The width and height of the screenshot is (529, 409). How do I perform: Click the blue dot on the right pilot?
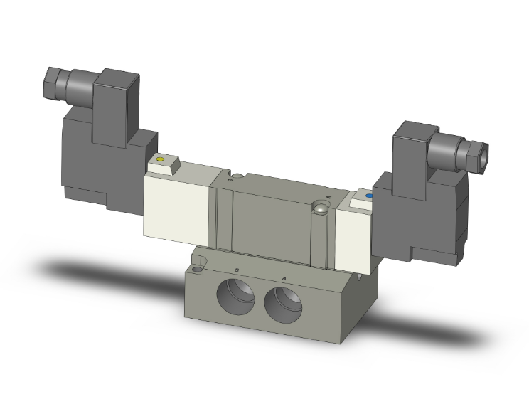coord(368,196)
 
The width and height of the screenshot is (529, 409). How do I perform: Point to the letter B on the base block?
coord(235,270)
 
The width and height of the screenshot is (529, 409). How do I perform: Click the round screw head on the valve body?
coord(321,208)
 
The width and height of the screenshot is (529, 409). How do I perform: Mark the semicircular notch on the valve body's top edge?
coord(230,174)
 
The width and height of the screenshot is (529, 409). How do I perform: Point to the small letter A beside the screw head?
coord(328,196)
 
